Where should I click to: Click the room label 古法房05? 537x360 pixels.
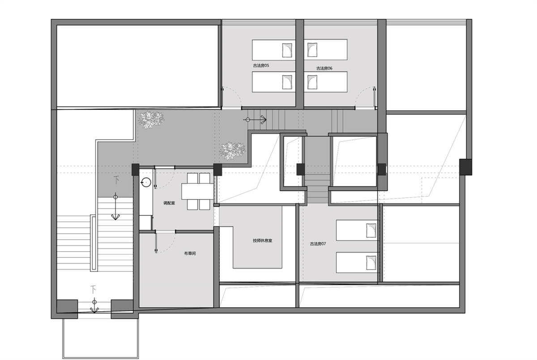pyautogui.click(x=261, y=65)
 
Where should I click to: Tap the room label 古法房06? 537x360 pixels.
pyautogui.click(x=324, y=69)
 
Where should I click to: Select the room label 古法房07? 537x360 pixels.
pyautogui.click(x=318, y=244)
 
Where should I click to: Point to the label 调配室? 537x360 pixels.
pyautogui.click(x=169, y=203)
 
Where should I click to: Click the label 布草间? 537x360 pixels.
pyautogui.click(x=190, y=253)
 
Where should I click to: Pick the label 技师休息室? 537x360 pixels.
pyautogui.click(x=263, y=240)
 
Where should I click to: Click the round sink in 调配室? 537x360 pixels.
pyautogui.click(x=146, y=183)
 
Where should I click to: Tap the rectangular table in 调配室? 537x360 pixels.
pyautogui.click(x=197, y=191)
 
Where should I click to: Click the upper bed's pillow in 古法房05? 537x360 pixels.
pyautogui.click(x=287, y=50)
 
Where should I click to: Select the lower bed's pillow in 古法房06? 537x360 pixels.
pyautogui.click(x=312, y=82)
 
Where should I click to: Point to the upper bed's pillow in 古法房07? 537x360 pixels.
pyautogui.click(x=371, y=231)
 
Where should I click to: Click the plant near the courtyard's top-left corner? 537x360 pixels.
pyautogui.click(x=151, y=119)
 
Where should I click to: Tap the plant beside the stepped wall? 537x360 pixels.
pyautogui.click(x=232, y=150)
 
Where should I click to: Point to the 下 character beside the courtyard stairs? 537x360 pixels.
pyautogui.click(x=116, y=180)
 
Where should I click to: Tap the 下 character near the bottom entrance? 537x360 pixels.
pyautogui.click(x=93, y=290)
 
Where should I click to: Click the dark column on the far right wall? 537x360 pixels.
pyautogui.click(x=465, y=167)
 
